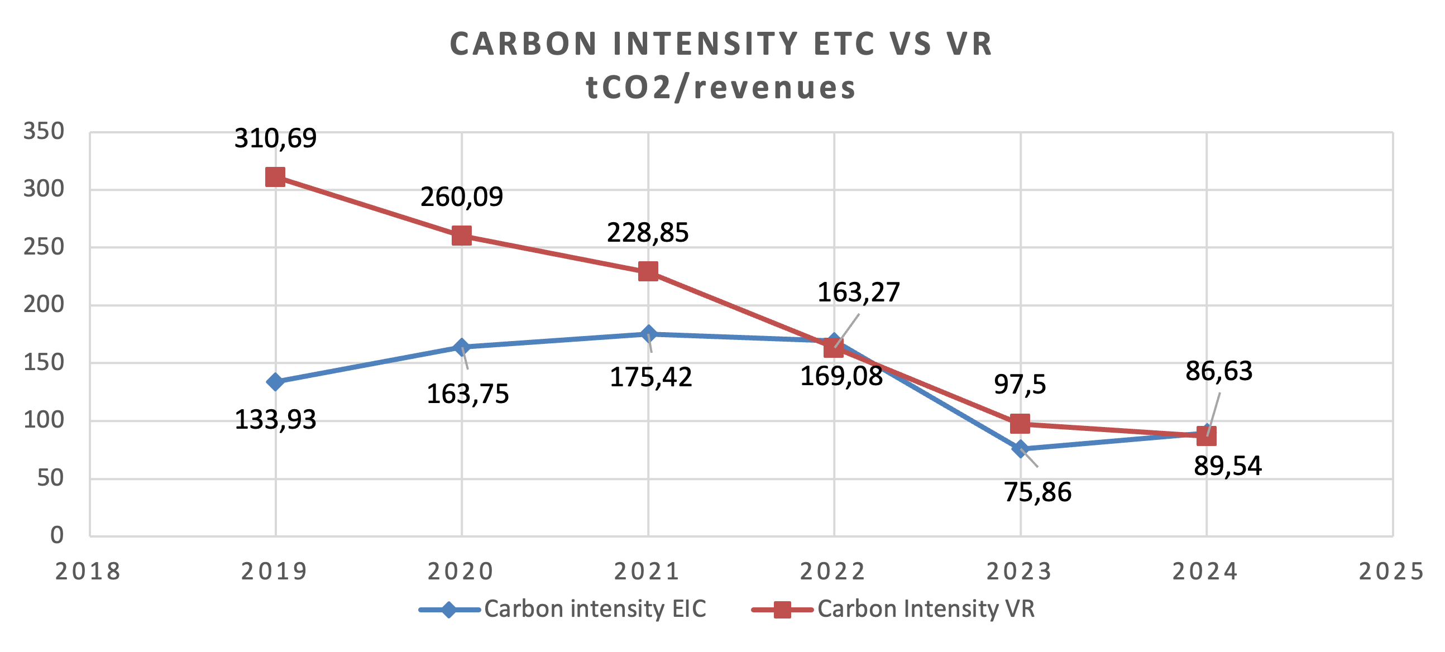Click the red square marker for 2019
click(x=275, y=177)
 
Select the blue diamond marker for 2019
click(x=275, y=382)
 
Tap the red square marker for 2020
click(x=462, y=236)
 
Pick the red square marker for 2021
click(x=648, y=271)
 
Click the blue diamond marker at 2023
click(x=1020, y=448)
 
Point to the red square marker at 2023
click(x=1020, y=424)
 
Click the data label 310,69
click(x=275, y=138)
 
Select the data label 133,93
click(x=275, y=420)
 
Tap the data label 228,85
click(x=648, y=233)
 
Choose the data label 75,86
click(x=1038, y=492)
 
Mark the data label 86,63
click(x=1219, y=371)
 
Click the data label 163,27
click(x=858, y=293)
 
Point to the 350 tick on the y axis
click(x=44, y=132)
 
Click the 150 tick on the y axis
click(x=44, y=363)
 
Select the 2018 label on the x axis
click(x=88, y=572)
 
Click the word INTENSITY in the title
click(x=705, y=44)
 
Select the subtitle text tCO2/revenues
click(x=721, y=88)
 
